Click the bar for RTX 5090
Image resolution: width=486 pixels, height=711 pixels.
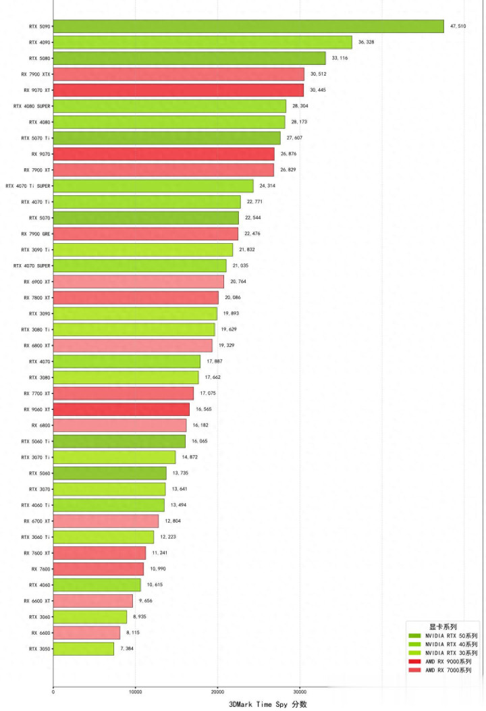click(x=248, y=26)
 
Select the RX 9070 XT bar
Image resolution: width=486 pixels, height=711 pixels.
click(x=178, y=90)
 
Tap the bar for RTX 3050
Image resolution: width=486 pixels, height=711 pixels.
click(x=83, y=648)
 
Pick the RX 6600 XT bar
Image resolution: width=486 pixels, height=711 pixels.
click(x=92, y=600)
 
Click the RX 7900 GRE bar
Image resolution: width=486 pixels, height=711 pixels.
click(x=145, y=234)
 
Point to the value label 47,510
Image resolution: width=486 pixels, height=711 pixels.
click(x=458, y=26)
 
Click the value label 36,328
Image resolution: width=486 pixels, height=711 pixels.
click(x=367, y=42)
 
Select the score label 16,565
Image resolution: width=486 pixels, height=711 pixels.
click(x=205, y=409)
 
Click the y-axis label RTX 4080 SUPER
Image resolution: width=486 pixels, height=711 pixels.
click(x=32, y=106)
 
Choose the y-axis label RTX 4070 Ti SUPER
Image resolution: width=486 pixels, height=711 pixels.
click(x=28, y=186)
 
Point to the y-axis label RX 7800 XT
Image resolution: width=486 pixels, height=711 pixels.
click(x=37, y=298)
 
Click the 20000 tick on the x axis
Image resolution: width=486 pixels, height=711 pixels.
click(x=217, y=691)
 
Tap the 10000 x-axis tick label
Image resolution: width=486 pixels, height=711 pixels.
click(x=135, y=691)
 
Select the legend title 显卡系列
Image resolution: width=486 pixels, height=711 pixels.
click(x=441, y=627)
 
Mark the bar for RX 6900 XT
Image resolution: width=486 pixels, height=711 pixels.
click(x=138, y=282)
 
